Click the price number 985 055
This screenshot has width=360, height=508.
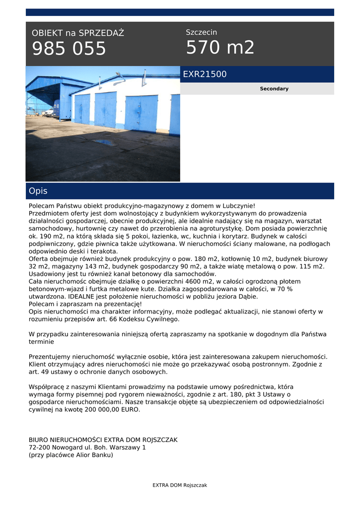coord(69,49)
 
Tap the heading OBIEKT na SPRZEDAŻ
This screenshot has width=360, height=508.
coord(78,33)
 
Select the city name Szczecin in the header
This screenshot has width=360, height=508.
coord(201,32)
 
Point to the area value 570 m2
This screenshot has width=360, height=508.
coord(220,48)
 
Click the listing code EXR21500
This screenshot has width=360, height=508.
coord(205,74)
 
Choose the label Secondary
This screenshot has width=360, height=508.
coord(274,89)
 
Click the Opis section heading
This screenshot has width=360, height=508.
coord(38,191)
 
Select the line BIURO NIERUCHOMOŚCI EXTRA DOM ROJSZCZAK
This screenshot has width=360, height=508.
coord(103,440)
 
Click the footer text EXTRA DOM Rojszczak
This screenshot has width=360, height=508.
coord(180,485)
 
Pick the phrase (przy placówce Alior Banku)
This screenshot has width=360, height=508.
coord(71,455)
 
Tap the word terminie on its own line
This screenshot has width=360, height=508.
coord(41,342)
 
